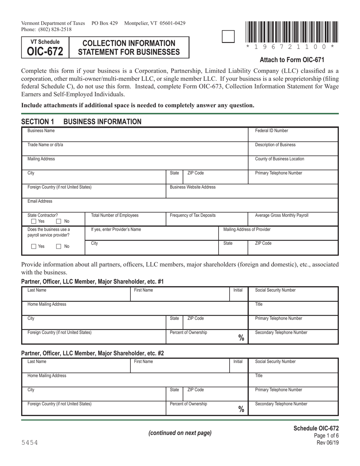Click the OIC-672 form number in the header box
[45, 52]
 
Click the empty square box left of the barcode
[228, 36]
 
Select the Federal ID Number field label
[271, 131]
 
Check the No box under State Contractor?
[59, 221]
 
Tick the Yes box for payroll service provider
[34, 247]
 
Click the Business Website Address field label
[193, 187]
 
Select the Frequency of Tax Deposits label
[193, 215]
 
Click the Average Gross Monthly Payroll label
[282, 215]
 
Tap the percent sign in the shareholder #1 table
[241, 338]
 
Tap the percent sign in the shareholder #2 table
[241, 409]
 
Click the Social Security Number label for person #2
[275, 361]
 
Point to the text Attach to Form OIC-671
[292, 59]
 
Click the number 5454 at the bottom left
[30, 443]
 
